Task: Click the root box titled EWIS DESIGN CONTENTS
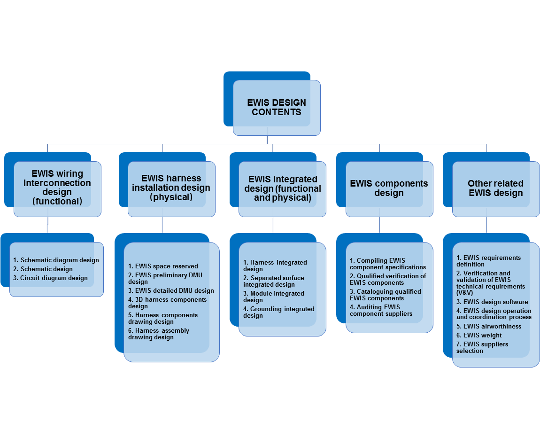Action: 277,107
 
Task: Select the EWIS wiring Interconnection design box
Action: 57,188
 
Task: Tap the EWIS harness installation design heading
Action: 171,188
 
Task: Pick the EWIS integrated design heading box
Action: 282,188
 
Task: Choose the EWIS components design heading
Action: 389,188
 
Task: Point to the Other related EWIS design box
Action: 495,188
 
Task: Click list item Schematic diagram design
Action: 56,260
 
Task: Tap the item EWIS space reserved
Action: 163,266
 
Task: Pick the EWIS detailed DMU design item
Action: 171,290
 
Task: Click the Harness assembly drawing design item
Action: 159,334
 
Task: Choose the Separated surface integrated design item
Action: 274,281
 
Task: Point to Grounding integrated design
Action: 279,312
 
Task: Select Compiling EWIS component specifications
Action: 388,264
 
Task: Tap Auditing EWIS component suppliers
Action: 381,310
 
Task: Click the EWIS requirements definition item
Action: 488,261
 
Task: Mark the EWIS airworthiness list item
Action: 489,326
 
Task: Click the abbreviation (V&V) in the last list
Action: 464,292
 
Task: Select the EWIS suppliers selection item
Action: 482,347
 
